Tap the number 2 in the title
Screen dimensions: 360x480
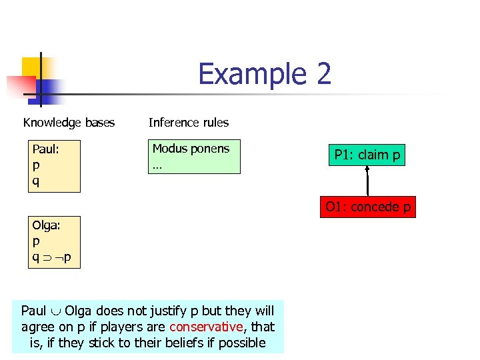[x=323, y=74]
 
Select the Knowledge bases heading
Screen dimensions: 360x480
[x=69, y=123]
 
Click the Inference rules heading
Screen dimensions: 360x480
[x=188, y=123]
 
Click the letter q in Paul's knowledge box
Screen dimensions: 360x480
[x=36, y=181]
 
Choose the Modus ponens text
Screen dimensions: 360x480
[x=191, y=149]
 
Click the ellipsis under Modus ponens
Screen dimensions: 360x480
[x=157, y=165]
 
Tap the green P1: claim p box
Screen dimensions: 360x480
[x=367, y=155]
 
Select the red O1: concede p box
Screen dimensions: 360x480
[x=367, y=207]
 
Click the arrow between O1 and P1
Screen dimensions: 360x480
[x=367, y=181]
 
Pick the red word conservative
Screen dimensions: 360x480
[x=206, y=327]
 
